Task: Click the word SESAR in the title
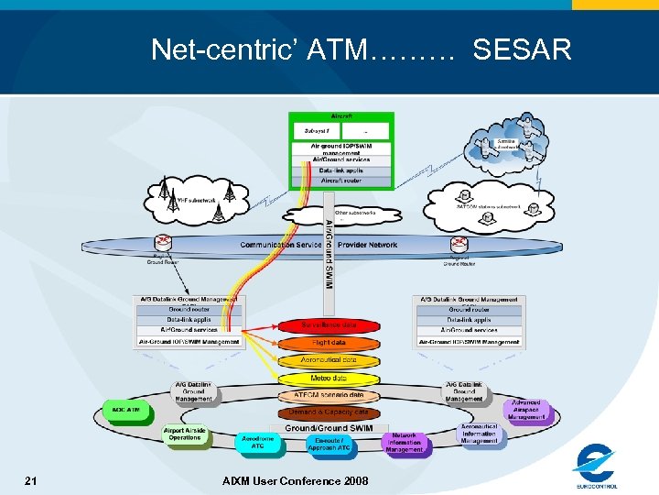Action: point(522,49)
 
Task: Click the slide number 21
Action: point(31,480)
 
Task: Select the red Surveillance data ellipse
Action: point(329,324)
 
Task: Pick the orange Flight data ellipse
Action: point(329,343)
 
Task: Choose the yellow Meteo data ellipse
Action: point(329,378)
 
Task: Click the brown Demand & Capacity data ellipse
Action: point(329,412)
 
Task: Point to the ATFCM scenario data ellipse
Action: point(329,395)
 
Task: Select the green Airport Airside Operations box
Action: point(184,435)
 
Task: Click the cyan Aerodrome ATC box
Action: point(258,444)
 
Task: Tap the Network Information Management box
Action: point(405,444)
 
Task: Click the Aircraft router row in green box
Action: point(340,181)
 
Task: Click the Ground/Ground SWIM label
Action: point(329,427)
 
